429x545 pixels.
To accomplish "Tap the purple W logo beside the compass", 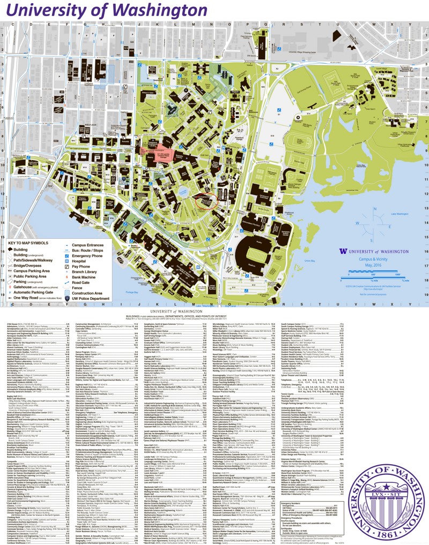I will click(x=342, y=250).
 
